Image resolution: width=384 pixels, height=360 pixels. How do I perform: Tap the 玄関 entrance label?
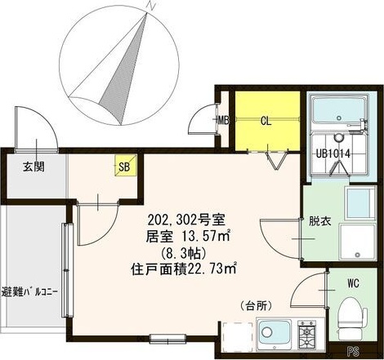[x=33, y=167]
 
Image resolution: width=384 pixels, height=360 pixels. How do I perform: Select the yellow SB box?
[x=124, y=167]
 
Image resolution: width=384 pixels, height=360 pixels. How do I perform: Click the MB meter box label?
[x=221, y=122]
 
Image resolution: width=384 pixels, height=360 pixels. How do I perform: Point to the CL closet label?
[x=266, y=122]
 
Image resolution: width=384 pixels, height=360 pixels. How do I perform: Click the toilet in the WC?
[x=351, y=318]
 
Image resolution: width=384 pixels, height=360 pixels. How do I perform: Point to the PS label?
[x=353, y=353]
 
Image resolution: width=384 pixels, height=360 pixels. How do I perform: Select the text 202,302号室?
[x=187, y=220]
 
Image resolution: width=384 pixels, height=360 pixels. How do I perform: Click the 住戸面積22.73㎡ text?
[x=184, y=267]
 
